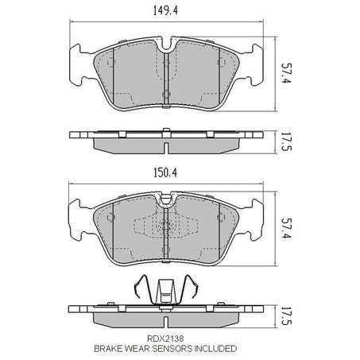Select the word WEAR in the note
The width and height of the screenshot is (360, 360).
(142, 348)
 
